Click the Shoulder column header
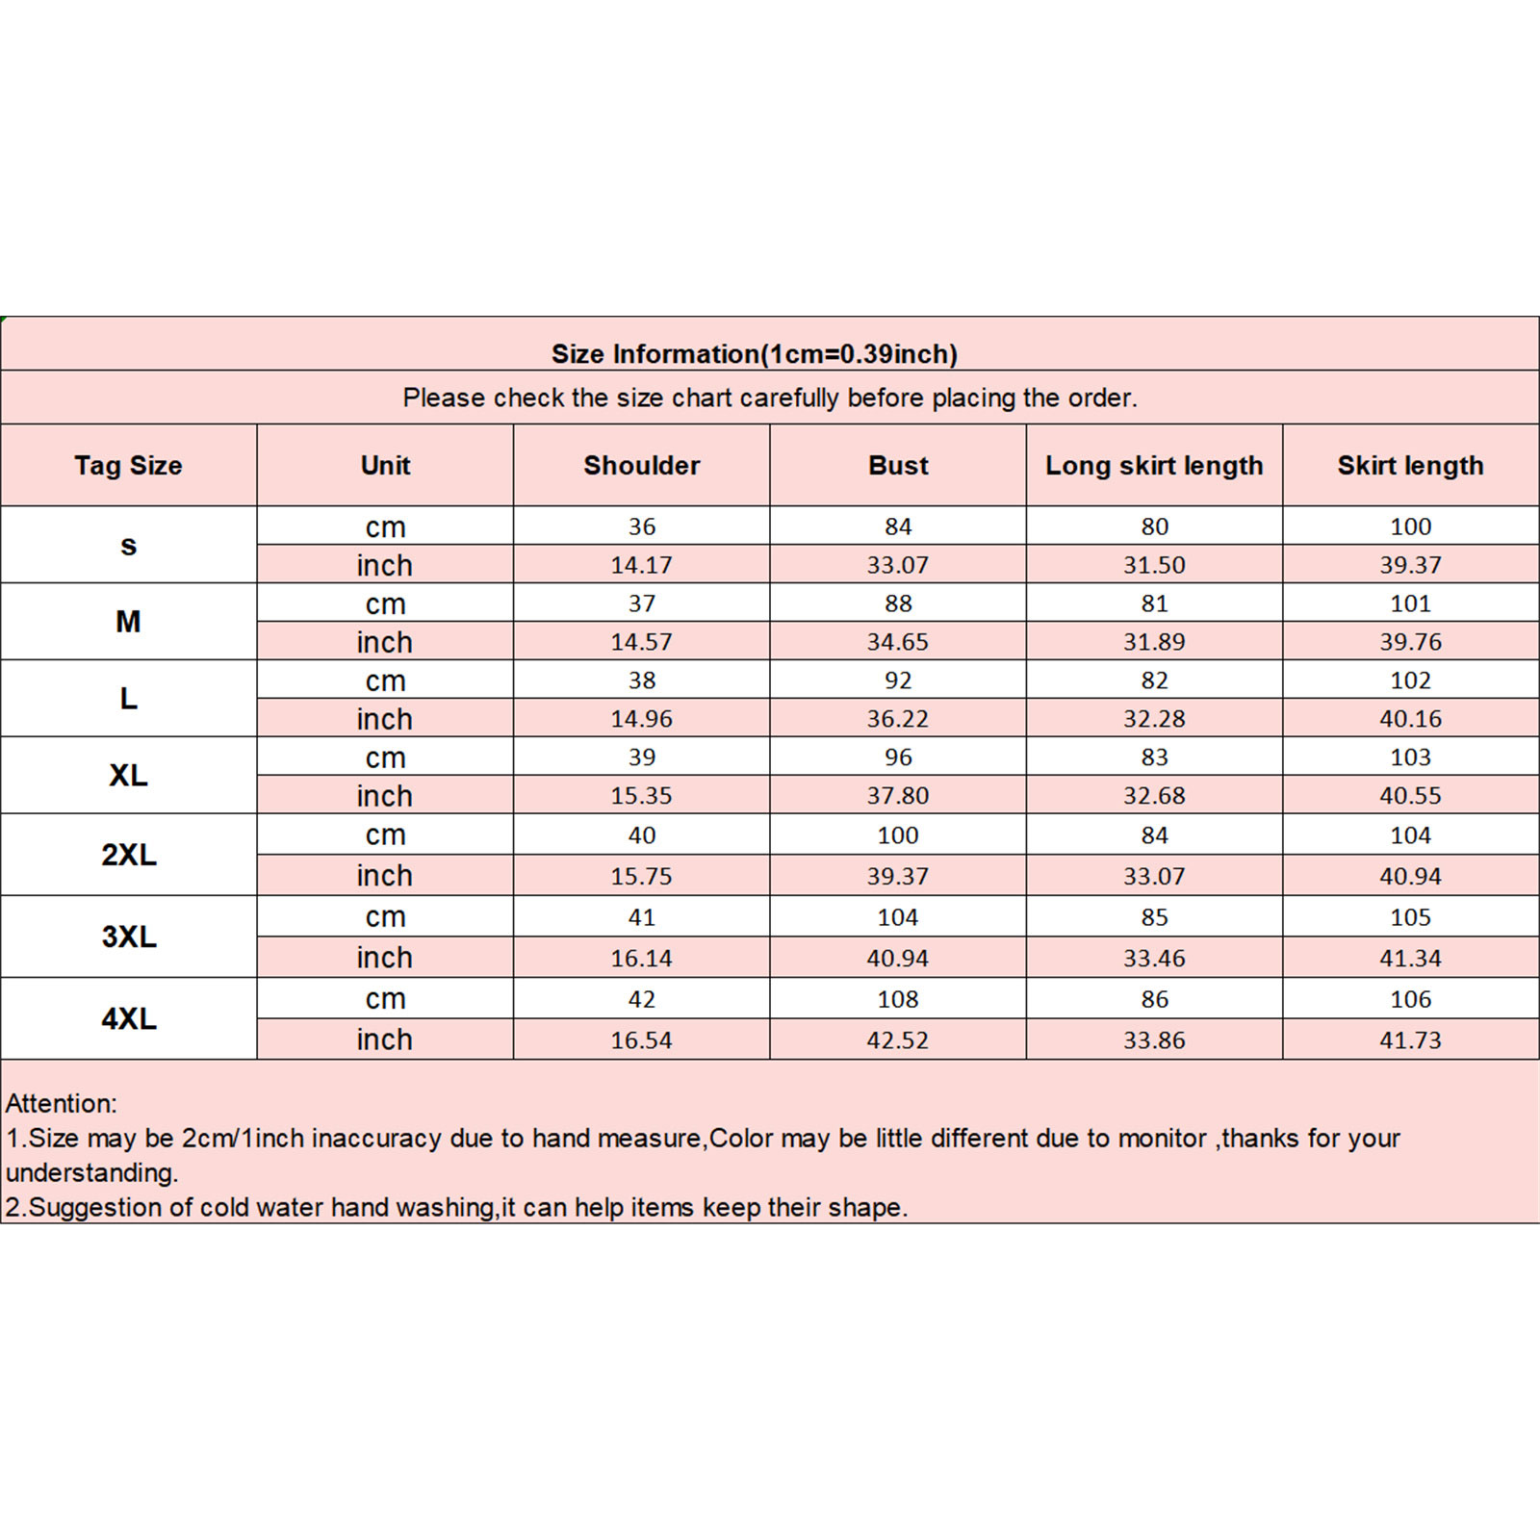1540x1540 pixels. coord(641,466)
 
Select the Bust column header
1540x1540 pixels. coord(898,466)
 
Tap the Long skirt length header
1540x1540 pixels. coord(1154,466)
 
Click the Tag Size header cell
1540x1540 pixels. coord(128,466)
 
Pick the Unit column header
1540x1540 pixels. coord(385,466)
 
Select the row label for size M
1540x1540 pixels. coord(128,622)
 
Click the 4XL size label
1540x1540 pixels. coord(128,1018)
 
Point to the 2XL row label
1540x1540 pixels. coord(128,855)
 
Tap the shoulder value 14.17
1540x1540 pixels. coord(641,565)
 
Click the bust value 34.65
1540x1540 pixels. coord(898,642)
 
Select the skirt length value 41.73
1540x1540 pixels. coord(1410,1040)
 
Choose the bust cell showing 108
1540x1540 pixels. coord(898,999)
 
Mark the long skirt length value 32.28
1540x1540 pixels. coord(1154,719)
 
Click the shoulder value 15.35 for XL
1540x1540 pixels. coord(641,796)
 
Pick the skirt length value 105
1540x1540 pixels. coord(1410,917)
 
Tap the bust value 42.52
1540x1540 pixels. coord(898,1040)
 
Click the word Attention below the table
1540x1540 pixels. coord(61,1104)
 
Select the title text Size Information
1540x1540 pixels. coord(655,354)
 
